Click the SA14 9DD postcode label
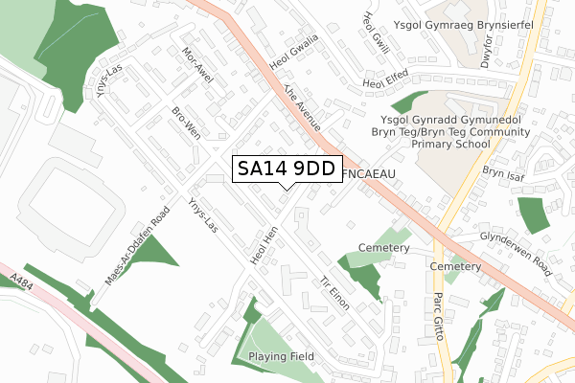(286, 169)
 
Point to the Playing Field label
(282, 357)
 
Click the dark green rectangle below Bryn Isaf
(533, 215)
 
